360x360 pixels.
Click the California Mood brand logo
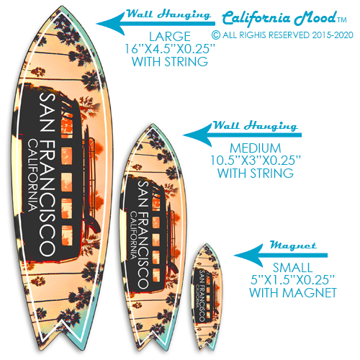(x=279, y=18)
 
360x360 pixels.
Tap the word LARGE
(x=170, y=37)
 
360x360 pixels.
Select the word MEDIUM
(x=256, y=148)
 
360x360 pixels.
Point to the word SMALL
(x=292, y=268)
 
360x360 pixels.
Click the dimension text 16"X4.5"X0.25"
(x=170, y=49)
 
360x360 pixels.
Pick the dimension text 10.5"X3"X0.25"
(x=256, y=161)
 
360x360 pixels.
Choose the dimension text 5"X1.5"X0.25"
(x=292, y=280)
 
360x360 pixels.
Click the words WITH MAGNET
(x=293, y=292)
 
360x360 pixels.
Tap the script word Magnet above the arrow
(x=293, y=245)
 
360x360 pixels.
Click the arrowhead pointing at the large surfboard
(x=109, y=24)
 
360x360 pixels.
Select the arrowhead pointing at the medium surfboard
(x=197, y=135)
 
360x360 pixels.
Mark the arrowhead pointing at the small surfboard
(x=247, y=255)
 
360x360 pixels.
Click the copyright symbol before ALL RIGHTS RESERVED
(x=216, y=35)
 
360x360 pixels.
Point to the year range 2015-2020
(x=333, y=35)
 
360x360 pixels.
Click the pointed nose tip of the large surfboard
(x=62, y=6)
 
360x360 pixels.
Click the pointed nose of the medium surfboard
(x=152, y=125)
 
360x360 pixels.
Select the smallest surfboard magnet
(x=207, y=297)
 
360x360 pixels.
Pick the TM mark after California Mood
(x=342, y=20)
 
